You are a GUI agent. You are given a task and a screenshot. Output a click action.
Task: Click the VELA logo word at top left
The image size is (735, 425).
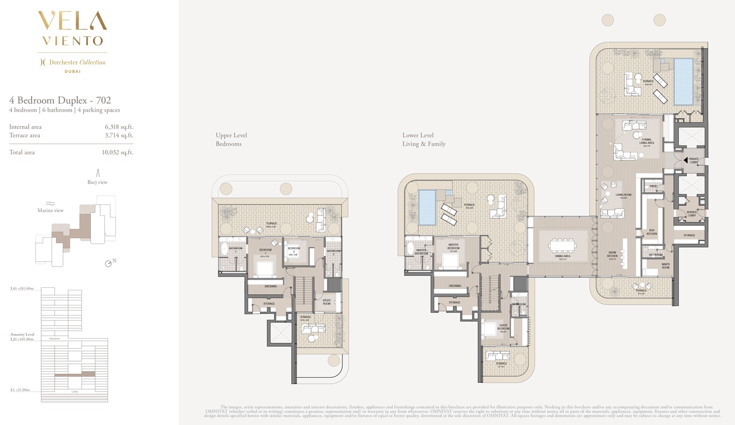tap(72, 21)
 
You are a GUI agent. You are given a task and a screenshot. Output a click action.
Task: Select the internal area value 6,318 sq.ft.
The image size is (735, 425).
tap(119, 127)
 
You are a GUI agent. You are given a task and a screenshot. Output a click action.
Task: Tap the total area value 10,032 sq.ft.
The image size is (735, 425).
tap(117, 152)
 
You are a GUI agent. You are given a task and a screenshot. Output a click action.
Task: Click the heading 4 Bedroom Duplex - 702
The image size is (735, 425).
tap(60, 100)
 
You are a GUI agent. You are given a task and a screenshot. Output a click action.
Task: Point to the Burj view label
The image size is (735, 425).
tap(97, 182)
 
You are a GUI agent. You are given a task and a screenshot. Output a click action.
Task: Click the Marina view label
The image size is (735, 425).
tap(50, 210)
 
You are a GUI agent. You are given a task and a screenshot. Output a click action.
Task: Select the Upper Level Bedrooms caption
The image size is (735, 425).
tap(231, 139)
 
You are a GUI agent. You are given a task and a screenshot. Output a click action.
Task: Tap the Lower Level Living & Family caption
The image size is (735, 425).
tap(424, 139)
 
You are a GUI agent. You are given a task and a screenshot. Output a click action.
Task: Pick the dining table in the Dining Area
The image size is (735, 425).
tap(563, 246)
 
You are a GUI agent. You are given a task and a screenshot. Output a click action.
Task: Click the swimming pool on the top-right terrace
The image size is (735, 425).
tap(683, 81)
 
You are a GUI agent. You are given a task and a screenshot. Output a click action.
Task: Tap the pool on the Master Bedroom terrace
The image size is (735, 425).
tap(427, 207)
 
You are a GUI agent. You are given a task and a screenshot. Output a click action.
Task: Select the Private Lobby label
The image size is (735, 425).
tap(694, 160)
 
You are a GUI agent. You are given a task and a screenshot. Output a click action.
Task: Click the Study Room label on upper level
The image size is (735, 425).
tap(327, 302)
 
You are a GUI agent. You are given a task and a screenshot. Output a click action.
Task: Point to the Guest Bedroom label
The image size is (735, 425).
tap(503, 327)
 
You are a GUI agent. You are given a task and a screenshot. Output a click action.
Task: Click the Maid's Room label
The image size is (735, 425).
tap(666, 266)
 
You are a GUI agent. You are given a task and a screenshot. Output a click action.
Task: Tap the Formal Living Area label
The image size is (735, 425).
tap(647, 141)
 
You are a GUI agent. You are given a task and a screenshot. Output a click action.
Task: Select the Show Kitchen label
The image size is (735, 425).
tap(612, 256)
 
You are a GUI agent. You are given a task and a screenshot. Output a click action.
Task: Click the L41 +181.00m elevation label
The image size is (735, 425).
tap(22, 289)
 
